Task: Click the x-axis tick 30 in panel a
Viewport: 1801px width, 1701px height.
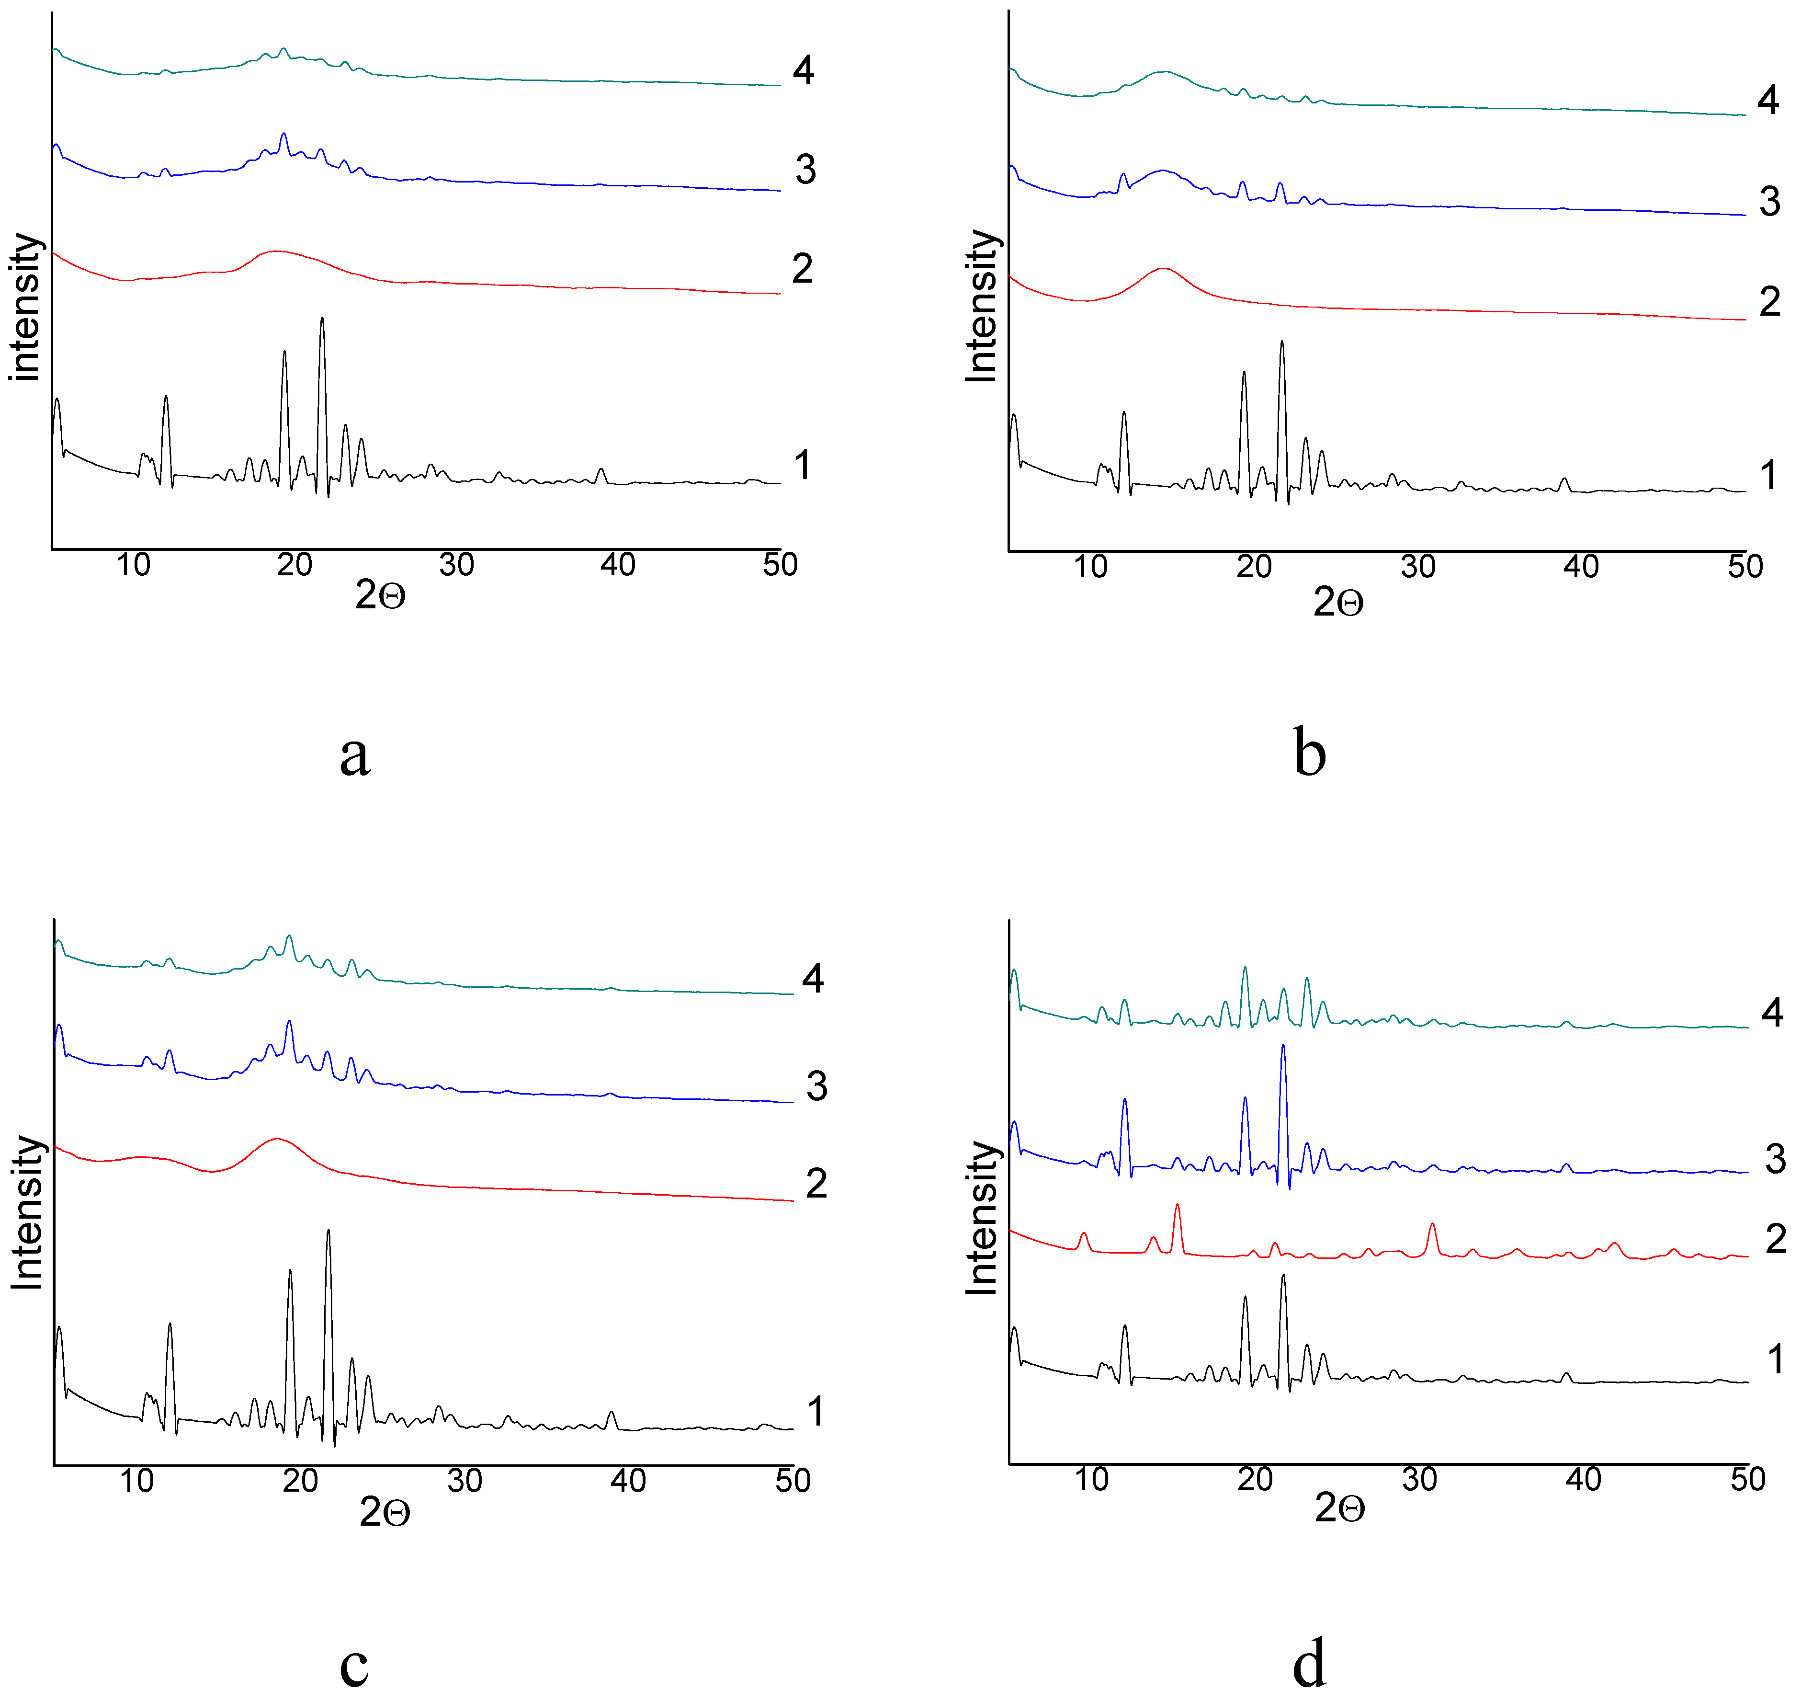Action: pyautogui.click(x=456, y=565)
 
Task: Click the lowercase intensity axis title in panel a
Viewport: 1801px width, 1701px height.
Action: pyautogui.click(x=25, y=307)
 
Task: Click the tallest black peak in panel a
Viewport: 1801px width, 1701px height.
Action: pyautogui.click(x=322, y=319)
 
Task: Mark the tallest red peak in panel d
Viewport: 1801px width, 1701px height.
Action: pyautogui.click(x=1177, y=1206)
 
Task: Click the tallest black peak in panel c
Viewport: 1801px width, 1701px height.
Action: pyautogui.click(x=328, y=1231)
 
